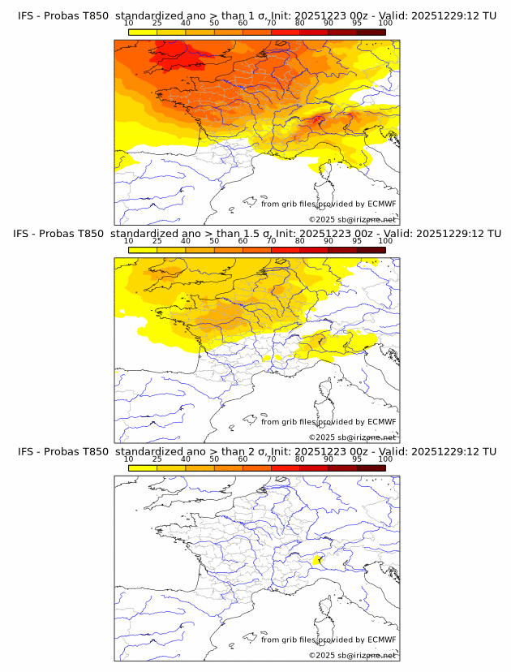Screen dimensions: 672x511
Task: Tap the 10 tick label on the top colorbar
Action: [129, 23]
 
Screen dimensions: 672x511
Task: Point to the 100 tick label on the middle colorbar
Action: [385, 241]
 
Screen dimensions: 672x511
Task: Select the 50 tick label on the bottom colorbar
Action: [214, 459]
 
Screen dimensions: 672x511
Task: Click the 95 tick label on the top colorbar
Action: [357, 23]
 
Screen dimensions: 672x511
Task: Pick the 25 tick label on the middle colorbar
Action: [157, 241]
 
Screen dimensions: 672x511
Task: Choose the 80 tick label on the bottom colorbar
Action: [300, 459]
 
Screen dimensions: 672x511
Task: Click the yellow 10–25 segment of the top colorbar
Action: [143, 32]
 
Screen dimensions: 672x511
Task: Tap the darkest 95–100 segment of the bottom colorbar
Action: [371, 467]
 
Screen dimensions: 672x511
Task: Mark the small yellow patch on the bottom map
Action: [317, 559]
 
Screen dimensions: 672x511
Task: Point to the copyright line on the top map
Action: [352, 220]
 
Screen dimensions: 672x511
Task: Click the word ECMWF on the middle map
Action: [381, 421]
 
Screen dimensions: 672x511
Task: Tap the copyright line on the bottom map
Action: [352, 655]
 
